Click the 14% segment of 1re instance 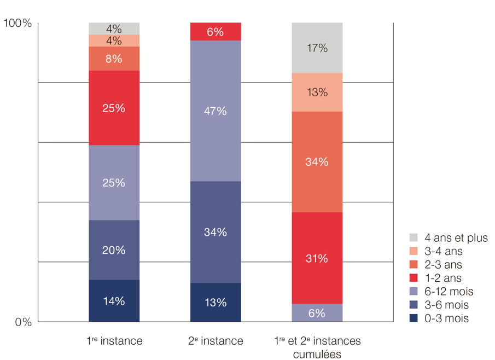point(114,301)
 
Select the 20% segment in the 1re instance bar point(114,250)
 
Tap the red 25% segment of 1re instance point(114,108)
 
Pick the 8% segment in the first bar point(114,59)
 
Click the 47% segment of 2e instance point(216,111)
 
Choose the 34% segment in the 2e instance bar point(216,232)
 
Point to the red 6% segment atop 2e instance point(216,32)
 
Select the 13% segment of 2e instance point(216,303)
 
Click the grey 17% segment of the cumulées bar point(317,48)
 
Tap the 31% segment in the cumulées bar point(317,258)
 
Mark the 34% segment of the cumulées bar point(317,162)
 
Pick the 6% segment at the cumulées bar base point(317,313)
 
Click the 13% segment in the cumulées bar point(317,92)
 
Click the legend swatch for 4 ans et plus point(414,238)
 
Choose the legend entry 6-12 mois point(441,292)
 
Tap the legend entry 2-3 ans point(438,265)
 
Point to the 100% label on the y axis point(18,24)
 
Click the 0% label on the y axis point(23,323)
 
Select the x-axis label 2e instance point(216,341)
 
